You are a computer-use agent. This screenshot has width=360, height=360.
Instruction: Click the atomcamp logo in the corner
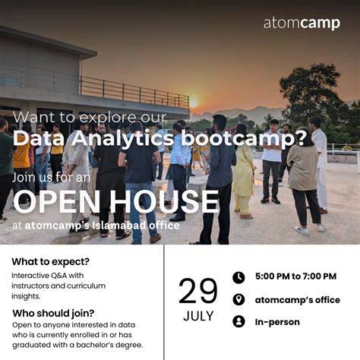coord(302,23)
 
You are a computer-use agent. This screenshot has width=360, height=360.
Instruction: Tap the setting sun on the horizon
coord(193,103)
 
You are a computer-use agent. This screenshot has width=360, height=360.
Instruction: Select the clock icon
coord(238,277)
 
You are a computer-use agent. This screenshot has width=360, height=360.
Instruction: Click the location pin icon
coord(238,299)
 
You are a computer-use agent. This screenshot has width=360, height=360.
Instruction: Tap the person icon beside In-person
coord(238,321)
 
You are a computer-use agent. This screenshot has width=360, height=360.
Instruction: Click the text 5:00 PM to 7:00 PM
coord(295,277)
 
